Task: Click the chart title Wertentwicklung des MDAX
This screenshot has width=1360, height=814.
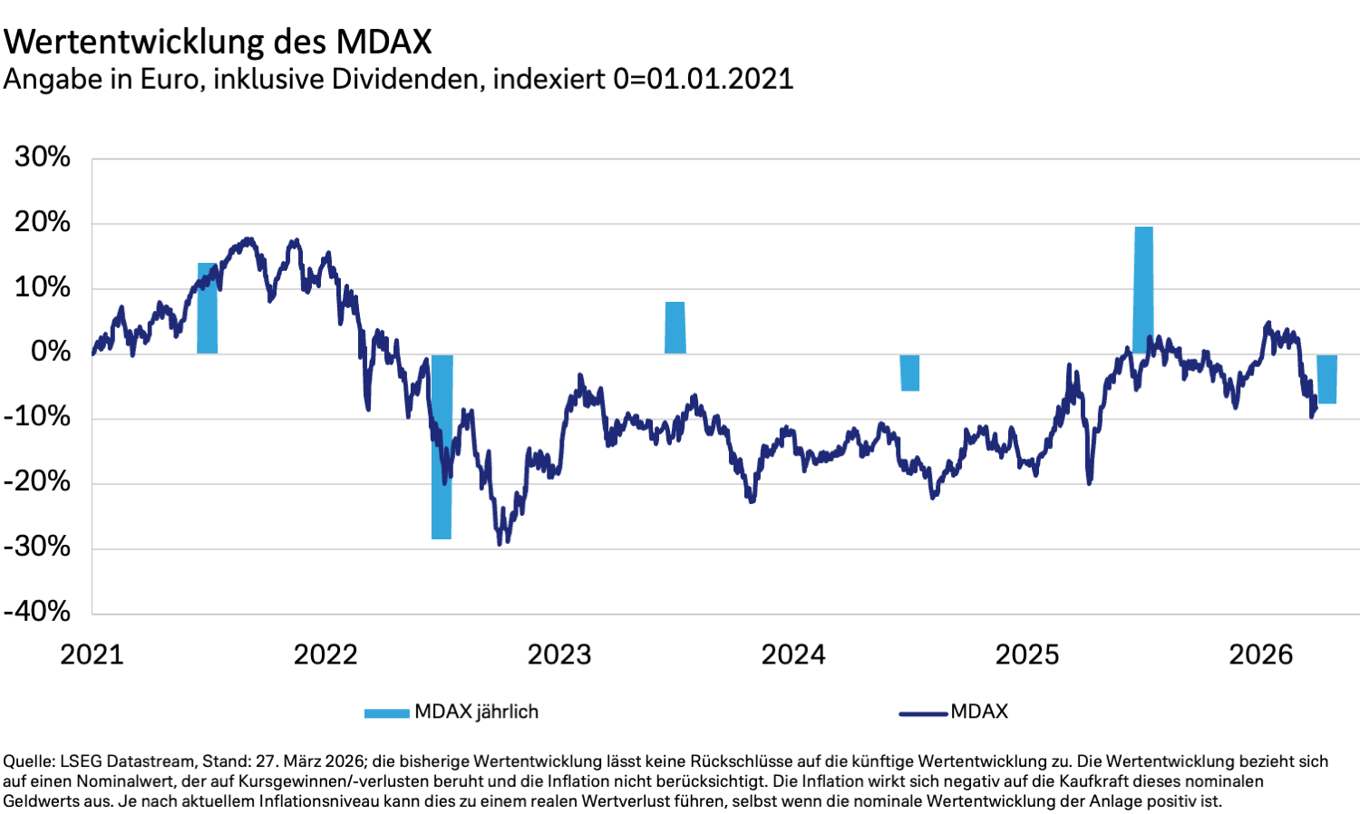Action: point(218,42)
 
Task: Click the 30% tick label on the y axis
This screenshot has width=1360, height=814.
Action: point(43,158)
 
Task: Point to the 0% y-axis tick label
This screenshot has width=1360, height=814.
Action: point(51,353)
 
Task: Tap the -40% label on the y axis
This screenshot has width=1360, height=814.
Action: point(37,612)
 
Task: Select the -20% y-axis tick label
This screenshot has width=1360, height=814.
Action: point(37,482)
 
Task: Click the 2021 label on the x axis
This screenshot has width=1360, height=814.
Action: point(92,654)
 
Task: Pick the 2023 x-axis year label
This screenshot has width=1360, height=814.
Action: point(559,654)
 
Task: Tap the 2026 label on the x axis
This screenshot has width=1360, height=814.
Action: point(1261,654)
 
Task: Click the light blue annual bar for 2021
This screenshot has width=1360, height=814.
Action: point(207,308)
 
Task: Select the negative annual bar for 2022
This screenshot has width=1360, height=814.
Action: point(442,447)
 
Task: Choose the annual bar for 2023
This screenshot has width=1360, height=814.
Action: point(675,327)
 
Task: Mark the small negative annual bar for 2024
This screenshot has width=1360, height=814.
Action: point(909,373)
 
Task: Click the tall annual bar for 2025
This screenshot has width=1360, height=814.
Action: point(1143,290)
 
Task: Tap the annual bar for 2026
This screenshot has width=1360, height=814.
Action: point(1326,379)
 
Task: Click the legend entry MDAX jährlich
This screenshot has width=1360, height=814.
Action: point(476,712)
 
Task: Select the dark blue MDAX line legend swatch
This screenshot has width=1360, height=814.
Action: point(923,713)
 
